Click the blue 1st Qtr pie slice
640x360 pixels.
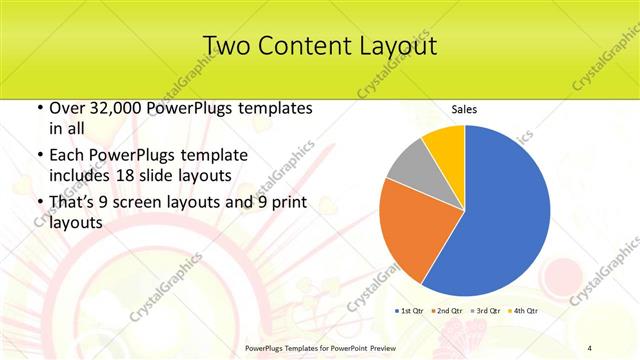point(500,210)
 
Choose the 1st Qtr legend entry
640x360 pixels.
point(411,310)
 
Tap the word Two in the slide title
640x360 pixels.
point(226,46)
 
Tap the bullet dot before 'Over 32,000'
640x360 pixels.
point(38,108)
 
